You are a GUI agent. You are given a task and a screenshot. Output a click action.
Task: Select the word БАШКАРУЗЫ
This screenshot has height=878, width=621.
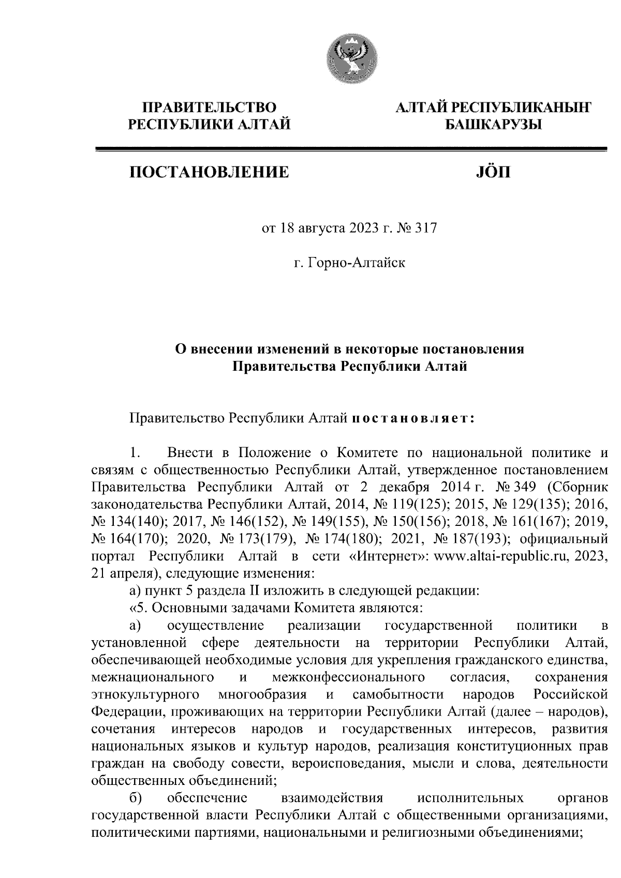tap(492, 124)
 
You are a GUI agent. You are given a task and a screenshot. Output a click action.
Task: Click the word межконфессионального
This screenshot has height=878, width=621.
tap(348, 677)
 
